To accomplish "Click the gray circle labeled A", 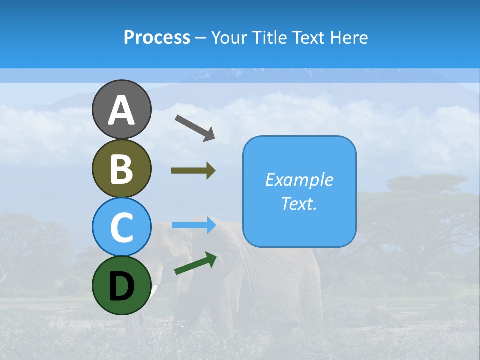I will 121,109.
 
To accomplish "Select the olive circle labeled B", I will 121,168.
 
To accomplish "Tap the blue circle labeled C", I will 121,227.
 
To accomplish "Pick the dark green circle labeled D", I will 121,285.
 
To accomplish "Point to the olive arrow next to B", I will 193,171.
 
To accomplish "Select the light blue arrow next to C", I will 193,225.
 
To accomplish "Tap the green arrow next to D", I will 195,264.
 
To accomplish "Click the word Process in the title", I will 157,37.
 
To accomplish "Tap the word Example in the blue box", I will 299,180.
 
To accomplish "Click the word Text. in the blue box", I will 299,203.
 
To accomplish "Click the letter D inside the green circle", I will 121,286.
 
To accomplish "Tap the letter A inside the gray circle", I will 121,110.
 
